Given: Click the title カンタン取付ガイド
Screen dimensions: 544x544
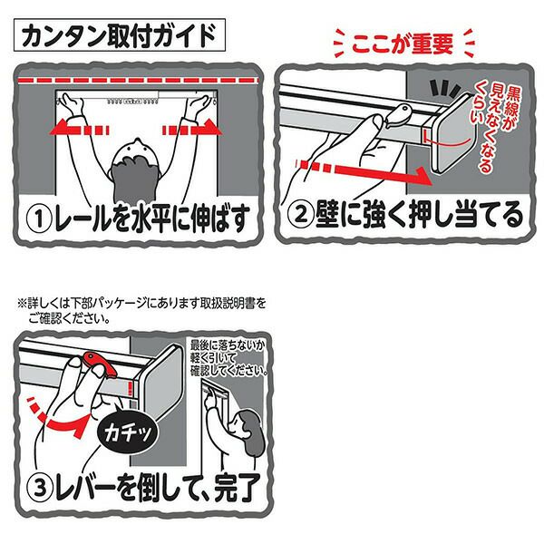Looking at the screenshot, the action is tap(120, 35).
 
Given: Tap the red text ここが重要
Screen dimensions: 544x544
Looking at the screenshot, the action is tap(403, 44).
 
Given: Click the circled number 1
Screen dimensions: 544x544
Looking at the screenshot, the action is tap(39, 219).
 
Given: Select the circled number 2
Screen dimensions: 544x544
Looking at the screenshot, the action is tap(301, 214).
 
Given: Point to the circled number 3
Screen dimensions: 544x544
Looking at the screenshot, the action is tap(40, 489).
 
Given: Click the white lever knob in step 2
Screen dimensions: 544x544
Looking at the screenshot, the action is tap(398, 116).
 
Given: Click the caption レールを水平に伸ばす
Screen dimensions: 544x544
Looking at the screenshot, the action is tap(151, 219).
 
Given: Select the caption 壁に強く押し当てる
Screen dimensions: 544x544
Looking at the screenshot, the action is tap(419, 214).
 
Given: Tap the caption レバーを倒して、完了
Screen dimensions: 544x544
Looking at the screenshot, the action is tap(158, 488).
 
